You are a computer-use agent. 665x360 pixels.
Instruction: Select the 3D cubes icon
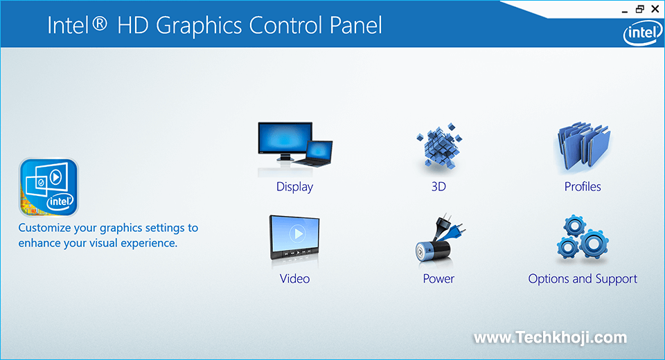439,146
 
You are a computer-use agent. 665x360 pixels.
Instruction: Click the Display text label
295,187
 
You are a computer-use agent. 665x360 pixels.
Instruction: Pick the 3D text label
438,186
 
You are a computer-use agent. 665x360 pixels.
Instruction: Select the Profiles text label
583,186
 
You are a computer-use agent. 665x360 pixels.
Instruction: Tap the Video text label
295,278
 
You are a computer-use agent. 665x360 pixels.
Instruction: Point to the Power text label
438,278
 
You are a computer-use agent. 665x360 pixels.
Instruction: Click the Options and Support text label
583,279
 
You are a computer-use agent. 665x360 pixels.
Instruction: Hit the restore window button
639,9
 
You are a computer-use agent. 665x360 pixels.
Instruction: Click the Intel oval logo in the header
643,33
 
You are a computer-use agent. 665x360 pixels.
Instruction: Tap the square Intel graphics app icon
48,187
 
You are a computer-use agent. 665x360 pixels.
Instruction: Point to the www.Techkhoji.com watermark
551,338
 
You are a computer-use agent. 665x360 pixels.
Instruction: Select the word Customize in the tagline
44,228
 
